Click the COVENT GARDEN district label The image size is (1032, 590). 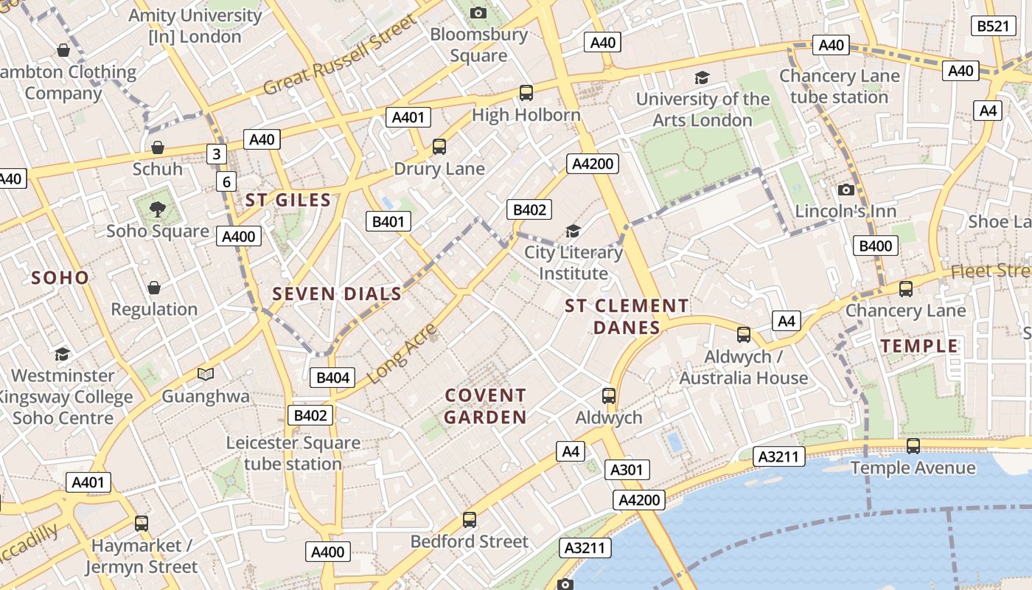[x=486, y=406]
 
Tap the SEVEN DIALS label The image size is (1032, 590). [x=337, y=294]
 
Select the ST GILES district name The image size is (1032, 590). [x=287, y=200]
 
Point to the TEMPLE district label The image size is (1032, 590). [x=919, y=346]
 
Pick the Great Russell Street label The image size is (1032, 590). [x=340, y=57]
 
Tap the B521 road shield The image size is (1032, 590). [x=991, y=26]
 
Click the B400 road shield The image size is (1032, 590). [x=876, y=246]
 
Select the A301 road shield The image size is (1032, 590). [x=627, y=470]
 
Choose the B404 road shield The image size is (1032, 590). [x=332, y=378]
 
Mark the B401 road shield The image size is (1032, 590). [x=388, y=221]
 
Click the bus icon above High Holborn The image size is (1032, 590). [x=526, y=92]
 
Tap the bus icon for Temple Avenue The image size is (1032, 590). [x=913, y=446]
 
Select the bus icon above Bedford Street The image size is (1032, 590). [x=470, y=519]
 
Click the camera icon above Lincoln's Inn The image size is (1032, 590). [x=846, y=190]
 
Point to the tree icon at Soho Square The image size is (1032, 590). [x=157, y=209]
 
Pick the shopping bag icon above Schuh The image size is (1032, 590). [x=157, y=147]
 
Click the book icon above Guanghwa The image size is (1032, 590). [x=206, y=374]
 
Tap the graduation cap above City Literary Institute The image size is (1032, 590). [x=573, y=231]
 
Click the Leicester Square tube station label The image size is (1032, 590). [x=293, y=453]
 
